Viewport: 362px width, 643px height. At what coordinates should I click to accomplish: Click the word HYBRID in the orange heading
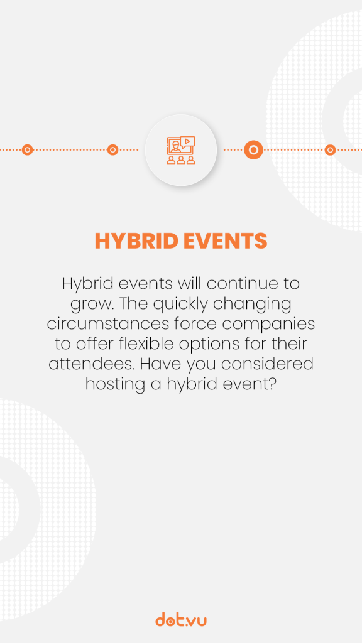click(x=136, y=241)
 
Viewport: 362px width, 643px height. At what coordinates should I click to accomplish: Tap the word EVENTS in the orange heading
click(x=226, y=241)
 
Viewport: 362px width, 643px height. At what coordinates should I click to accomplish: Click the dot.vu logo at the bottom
click(x=181, y=619)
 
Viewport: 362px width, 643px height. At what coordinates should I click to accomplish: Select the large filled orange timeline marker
click(x=254, y=149)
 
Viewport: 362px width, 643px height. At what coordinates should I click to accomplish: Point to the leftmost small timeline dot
click(x=27, y=149)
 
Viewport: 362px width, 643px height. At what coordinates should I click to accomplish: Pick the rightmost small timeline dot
click(x=330, y=149)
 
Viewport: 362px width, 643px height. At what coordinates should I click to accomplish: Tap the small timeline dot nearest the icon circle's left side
click(x=112, y=149)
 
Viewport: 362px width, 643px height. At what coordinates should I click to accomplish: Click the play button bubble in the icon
click(x=187, y=141)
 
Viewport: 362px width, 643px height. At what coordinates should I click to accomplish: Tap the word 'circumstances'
click(x=107, y=324)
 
